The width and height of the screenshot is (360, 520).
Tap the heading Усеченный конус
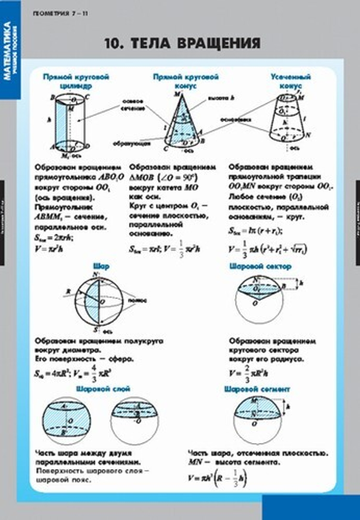coord(290,81)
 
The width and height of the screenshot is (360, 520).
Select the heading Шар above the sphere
coord(101,266)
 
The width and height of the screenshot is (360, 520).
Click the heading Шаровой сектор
coord(260,266)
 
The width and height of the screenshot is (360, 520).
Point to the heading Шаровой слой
coord(103,389)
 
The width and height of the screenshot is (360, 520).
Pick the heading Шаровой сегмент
coord(257,389)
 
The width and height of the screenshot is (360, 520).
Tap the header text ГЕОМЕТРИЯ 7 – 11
coord(60,14)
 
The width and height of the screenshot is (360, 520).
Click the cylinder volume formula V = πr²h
coord(49,248)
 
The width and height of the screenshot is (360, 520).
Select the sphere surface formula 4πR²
coord(50,374)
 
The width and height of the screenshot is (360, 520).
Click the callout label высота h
coord(221,98)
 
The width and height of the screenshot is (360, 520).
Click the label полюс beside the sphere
coord(137,300)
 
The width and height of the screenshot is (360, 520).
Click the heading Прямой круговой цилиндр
coord(76,81)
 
